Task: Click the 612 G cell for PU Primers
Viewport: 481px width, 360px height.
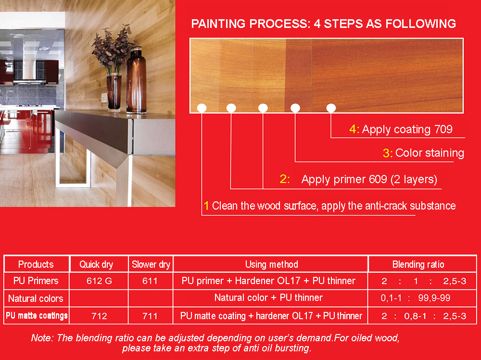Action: [x=99, y=281]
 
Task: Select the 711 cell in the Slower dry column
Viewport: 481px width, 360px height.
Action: [x=150, y=316]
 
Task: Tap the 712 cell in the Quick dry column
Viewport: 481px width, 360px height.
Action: [x=99, y=316]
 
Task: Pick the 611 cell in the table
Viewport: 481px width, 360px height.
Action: [x=150, y=281]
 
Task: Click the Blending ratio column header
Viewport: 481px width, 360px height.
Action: [x=418, y=264]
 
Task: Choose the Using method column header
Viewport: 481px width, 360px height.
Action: [x=271, y=264]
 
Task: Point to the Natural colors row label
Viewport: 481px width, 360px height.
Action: [x=36, y=298]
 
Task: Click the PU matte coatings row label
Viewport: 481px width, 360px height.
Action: [x=37, y=316]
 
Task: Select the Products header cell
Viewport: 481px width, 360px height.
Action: [x=36, y=264]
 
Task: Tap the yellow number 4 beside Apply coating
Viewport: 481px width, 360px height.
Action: [x=353, y=129]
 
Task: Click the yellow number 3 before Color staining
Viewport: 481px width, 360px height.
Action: [x=386, y=153]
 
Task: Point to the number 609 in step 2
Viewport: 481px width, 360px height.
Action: [x=378, y=179]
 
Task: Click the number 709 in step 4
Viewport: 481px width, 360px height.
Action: [x=443, y=129]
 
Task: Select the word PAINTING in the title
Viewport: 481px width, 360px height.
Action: [x=218, y=24]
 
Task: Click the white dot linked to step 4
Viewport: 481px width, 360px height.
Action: [x=331, y=108]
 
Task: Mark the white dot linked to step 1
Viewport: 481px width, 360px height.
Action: [x=202, y=108]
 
